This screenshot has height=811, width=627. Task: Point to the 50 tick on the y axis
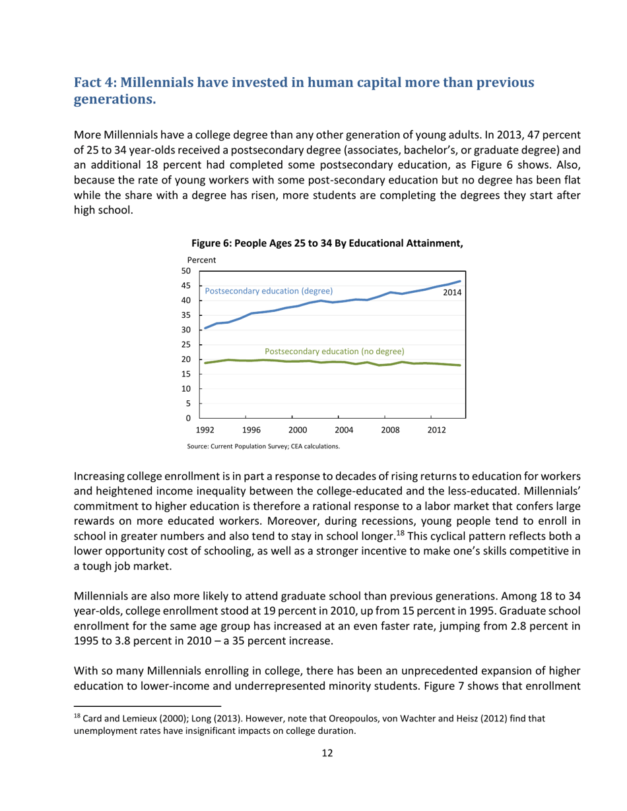[186, 271]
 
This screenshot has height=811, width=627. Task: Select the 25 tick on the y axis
[186, 345]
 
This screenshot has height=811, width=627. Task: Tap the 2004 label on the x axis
[344, 430]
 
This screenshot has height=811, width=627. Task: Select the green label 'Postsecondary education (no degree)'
[334, 351]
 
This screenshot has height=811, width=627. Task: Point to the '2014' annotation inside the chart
[451, 291]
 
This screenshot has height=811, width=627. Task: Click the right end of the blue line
[460, 282]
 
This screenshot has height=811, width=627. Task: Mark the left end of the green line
[205, 363]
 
